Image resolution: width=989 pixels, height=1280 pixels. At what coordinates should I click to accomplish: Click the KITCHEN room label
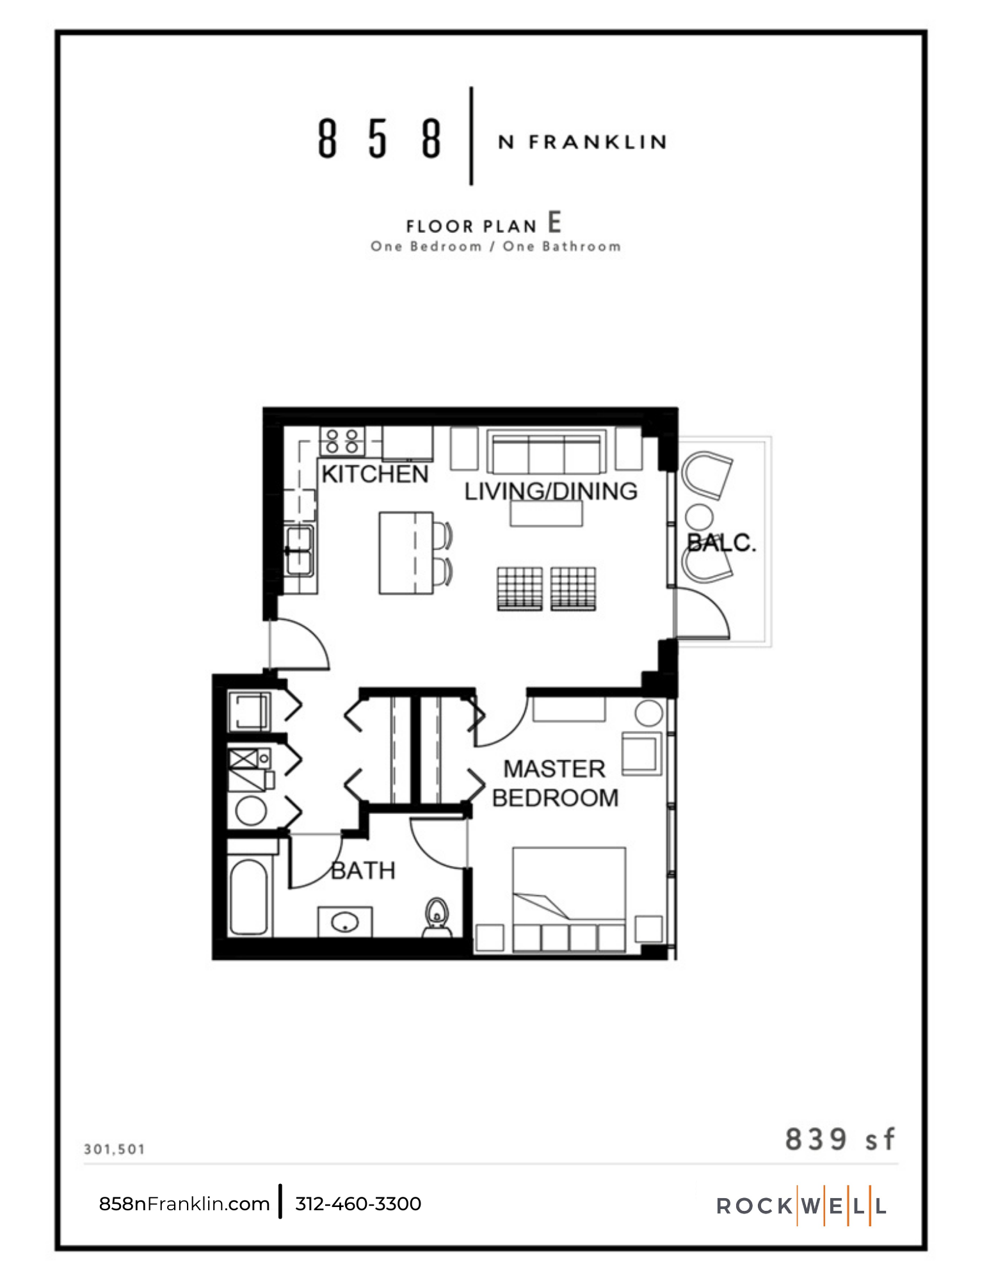374,474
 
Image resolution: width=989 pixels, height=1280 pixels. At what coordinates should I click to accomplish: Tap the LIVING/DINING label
551,492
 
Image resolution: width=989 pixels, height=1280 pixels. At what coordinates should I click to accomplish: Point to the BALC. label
721,543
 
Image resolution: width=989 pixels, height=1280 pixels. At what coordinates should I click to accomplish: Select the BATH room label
363,870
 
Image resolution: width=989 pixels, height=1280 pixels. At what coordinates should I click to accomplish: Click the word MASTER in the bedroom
554,769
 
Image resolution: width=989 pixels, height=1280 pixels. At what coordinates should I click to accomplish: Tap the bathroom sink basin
345,923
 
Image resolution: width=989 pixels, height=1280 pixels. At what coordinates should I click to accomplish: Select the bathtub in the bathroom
249,897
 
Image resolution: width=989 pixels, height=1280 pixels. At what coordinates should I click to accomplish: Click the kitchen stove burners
342,442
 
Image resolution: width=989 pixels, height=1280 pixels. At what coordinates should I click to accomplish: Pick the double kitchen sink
300,551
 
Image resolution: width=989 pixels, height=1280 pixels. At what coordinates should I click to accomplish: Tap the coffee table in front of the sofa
546,513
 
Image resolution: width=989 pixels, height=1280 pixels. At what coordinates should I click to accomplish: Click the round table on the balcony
700,516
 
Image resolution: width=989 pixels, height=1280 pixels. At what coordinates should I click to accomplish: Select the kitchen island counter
406,553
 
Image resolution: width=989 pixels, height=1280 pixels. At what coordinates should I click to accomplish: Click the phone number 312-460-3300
358,1204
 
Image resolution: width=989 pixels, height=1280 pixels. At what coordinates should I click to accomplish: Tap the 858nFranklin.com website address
184,1204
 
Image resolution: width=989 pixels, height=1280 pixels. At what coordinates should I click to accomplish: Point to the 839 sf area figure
839,1140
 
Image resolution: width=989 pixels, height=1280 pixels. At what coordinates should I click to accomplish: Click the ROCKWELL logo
801,1206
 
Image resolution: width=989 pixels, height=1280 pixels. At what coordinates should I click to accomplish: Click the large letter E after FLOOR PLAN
554,223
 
